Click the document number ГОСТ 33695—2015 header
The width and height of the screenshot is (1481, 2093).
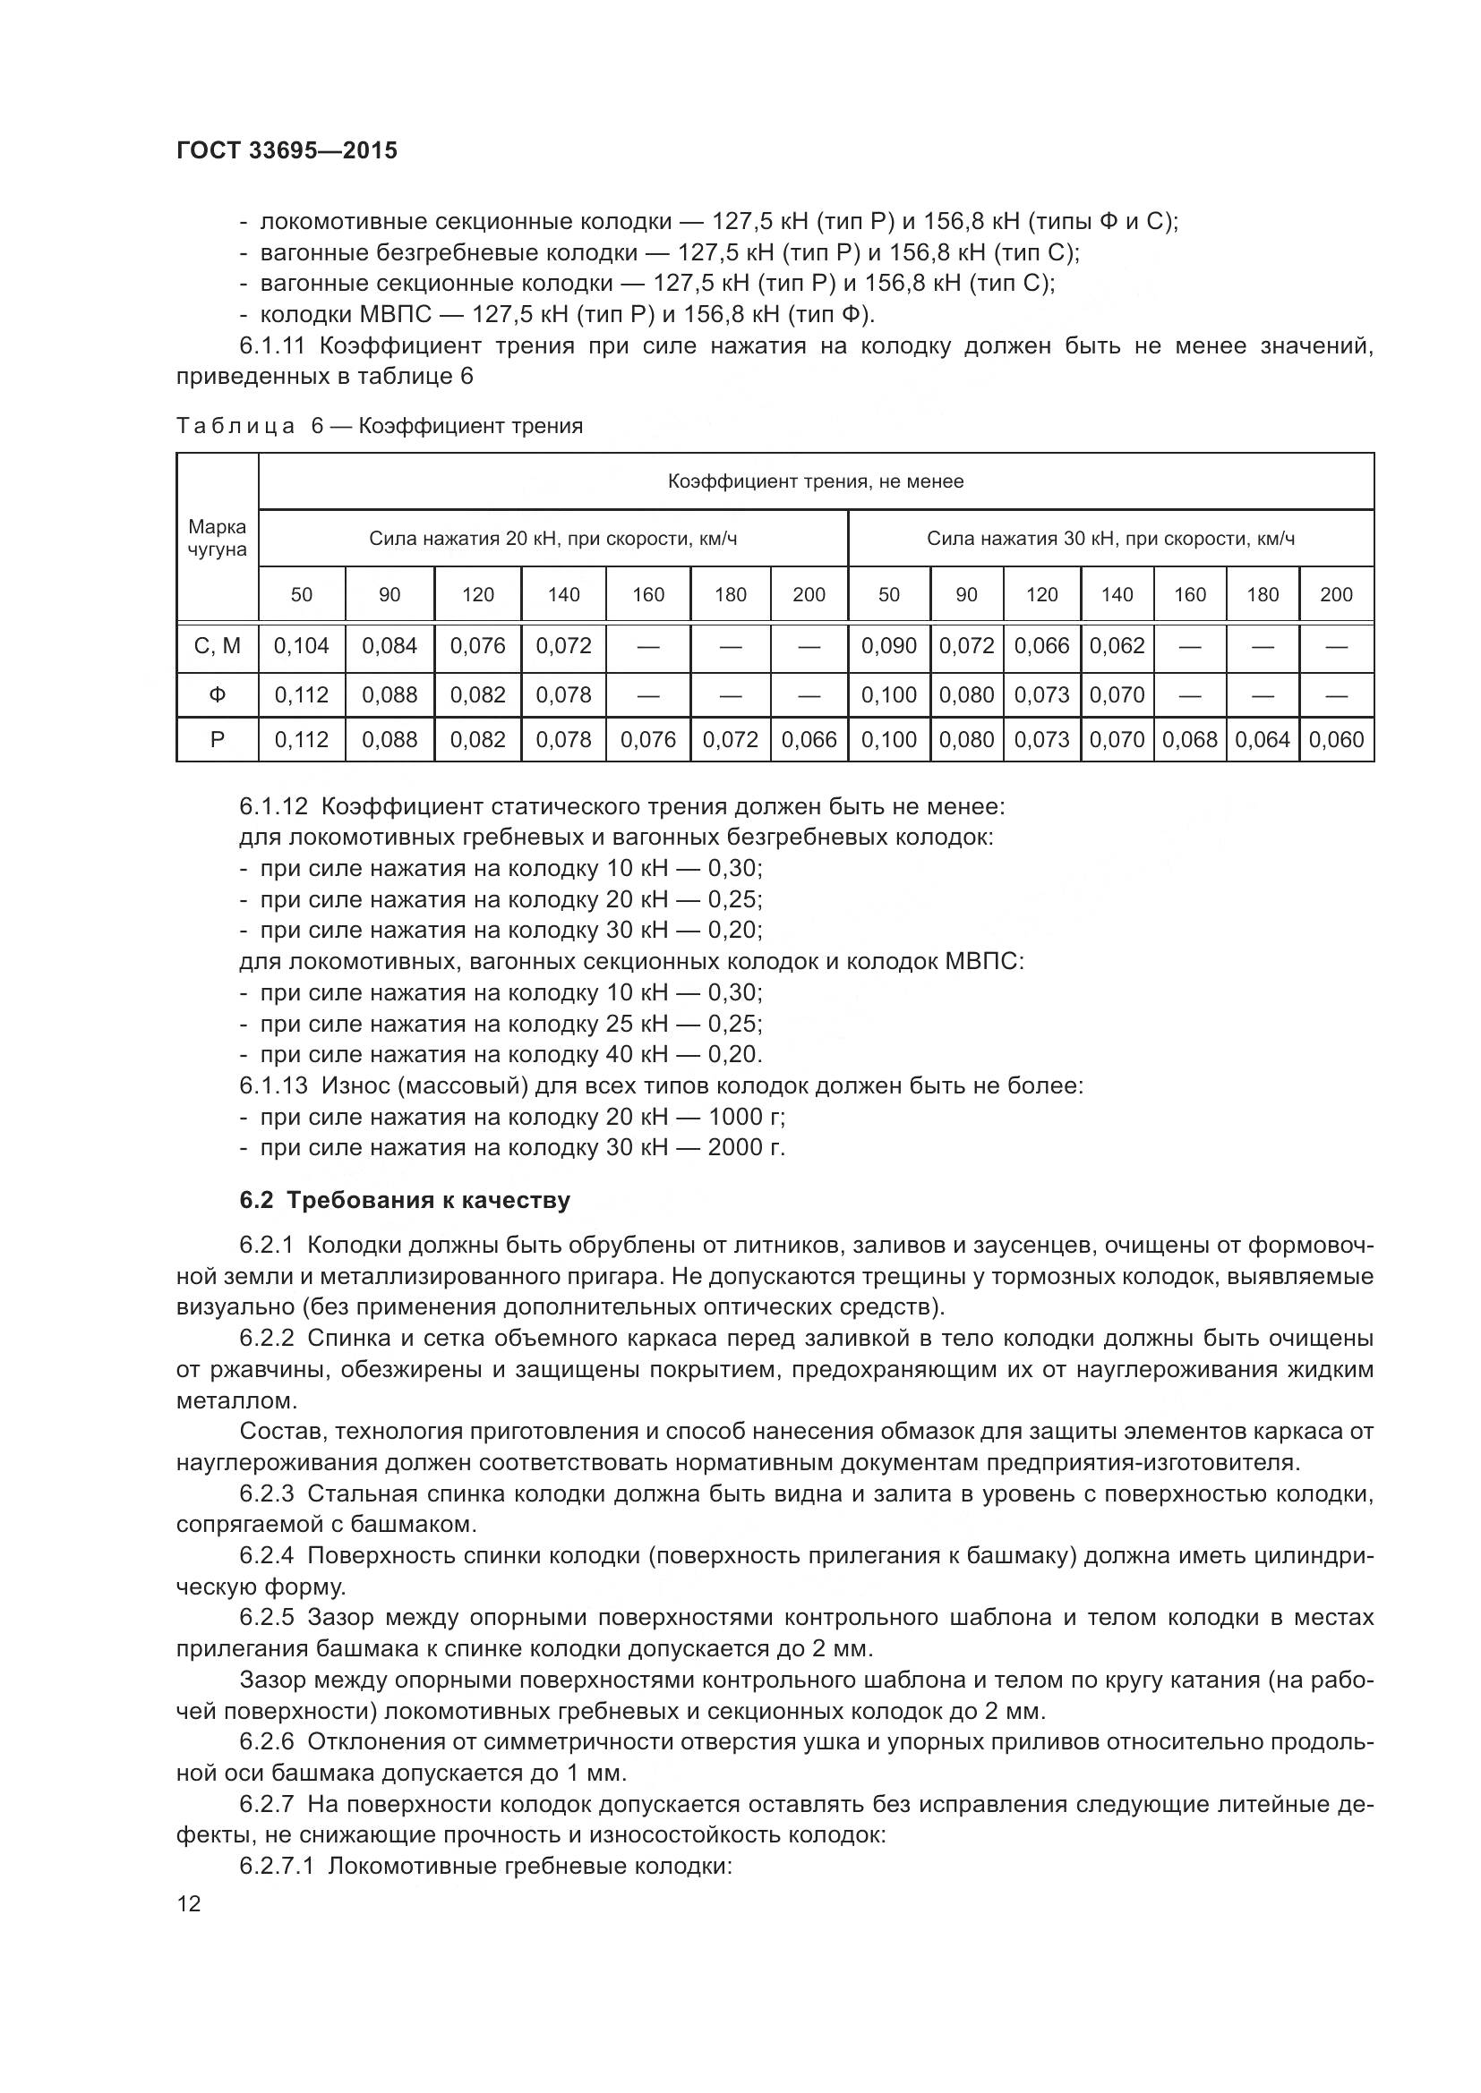287,150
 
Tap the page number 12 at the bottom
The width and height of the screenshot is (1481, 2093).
189,1903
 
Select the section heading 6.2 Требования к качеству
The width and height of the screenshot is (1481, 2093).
404,1200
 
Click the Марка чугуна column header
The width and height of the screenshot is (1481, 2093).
217,538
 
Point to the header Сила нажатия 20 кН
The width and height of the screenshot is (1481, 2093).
552,538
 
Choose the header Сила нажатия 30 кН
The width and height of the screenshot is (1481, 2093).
1110,538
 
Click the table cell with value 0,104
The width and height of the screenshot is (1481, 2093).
302,646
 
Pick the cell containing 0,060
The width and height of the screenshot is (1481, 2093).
1336,739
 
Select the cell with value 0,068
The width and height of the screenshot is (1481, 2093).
1190,739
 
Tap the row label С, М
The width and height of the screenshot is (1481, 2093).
217,646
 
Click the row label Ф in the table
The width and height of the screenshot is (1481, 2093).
217,694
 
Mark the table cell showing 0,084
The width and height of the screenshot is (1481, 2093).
390,646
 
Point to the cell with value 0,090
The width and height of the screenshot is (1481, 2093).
889,646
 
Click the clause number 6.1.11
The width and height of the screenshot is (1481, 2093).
275,345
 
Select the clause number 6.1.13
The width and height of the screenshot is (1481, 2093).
275,1085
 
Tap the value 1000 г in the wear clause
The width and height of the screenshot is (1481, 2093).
746,1116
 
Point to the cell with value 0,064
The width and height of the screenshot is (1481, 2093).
1263,739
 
